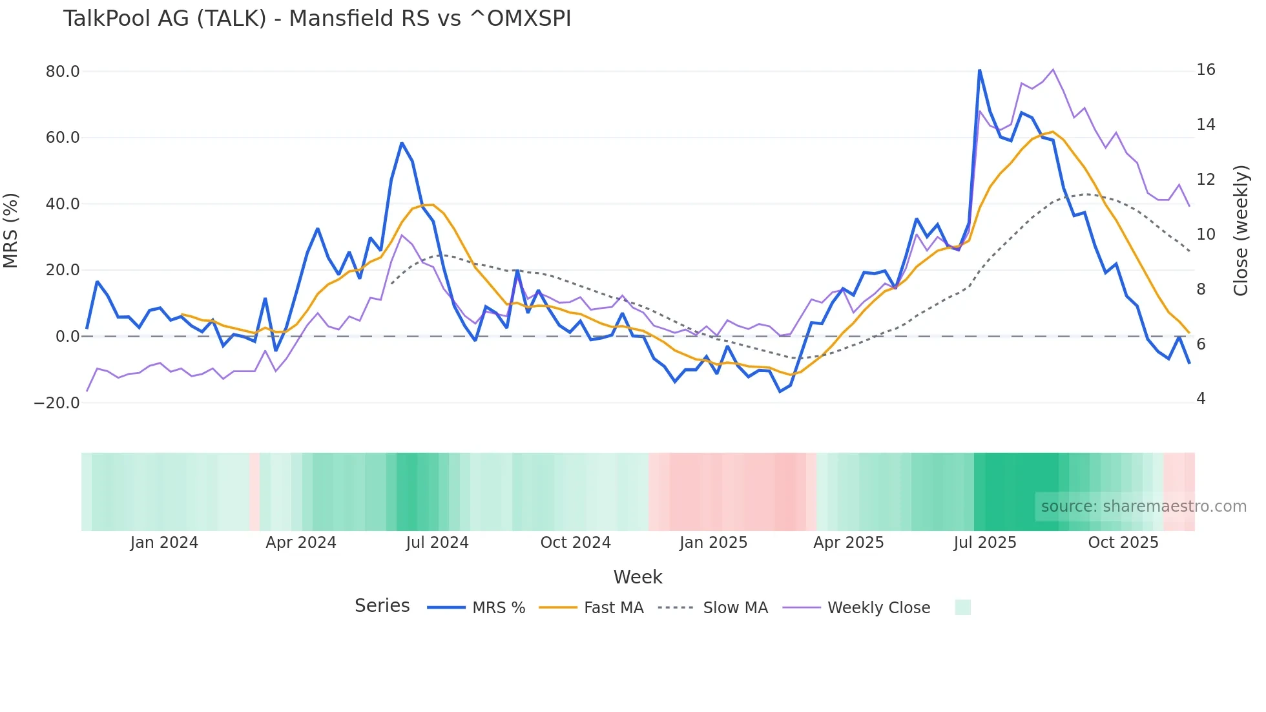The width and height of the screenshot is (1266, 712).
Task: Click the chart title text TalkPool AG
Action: (x=316, y=19)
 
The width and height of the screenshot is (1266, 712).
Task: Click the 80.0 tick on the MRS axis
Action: (x=63, y=72)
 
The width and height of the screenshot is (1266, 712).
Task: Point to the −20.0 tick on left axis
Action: (x=57, y=403)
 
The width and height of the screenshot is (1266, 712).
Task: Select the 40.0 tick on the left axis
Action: (x=63, y=204)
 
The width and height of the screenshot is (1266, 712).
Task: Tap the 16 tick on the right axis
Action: (x=1205, y=70)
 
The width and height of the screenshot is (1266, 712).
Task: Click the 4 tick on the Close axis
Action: (x=1201, y=399)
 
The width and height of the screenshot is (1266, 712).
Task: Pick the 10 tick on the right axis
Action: (x=1205, y=235)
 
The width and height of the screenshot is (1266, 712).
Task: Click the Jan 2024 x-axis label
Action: (x=164, y=543)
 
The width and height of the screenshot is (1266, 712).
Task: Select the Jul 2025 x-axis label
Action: (x=984, y=543)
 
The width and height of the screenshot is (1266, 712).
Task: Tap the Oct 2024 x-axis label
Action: (x=575, y=543)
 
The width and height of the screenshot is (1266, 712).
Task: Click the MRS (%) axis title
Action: (x=10, y=230)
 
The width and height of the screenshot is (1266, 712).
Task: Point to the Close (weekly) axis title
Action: (x=1241, y=231)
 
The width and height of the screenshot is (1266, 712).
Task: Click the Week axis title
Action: (x=638, y=577)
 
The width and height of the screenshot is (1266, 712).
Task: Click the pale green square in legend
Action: (x=962, y=607)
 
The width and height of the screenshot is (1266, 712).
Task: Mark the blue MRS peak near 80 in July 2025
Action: (x=979, y=70)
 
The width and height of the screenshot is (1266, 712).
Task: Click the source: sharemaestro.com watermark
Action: (x=1143, y=507)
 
